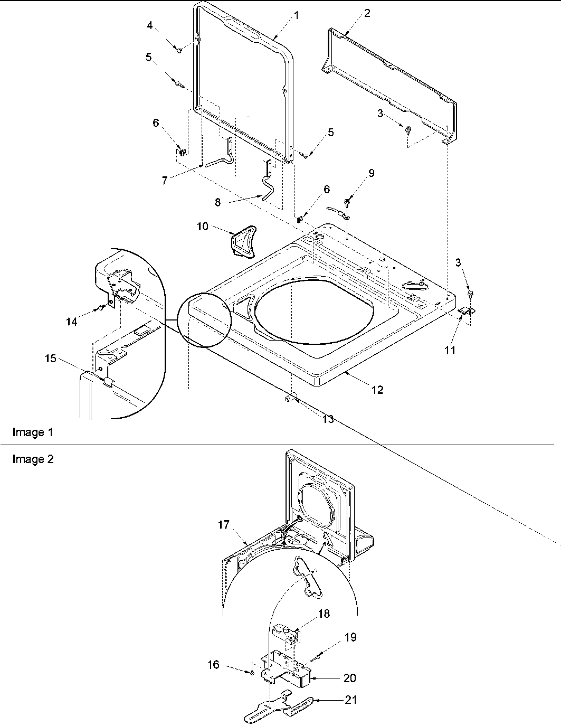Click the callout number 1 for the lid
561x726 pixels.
pyautogui.click(x=297, y=16)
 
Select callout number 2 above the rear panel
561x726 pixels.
pyautogui.click(x=367, y=13)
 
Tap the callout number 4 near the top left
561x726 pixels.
pyautogui.click(x=150, y=25)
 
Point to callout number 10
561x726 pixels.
pyautogui.click(x=203, y=227)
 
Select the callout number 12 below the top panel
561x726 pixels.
pyautogui.click(x=377, y=390)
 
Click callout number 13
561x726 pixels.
pyautogui.click(x=328, y=419)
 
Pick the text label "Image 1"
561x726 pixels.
pyautogui.click(x=33, y=432)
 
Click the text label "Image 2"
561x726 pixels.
pyautogui.click(x=33, y=459)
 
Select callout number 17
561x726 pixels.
pyautogui.click(x=223, y=525)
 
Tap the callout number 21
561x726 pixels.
pyautogui.click(x=351, y=700)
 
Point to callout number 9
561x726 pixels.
pyautogui.click(x=372, y=173)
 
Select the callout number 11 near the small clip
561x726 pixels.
pyautogui.click(x=450, y=350)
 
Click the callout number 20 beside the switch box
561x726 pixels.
pyautogui.click(x=349, y=678)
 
